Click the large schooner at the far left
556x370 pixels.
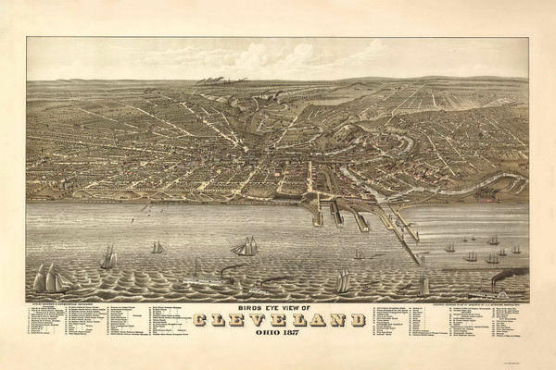(x=52, y=277)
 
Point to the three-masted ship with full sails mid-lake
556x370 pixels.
(x=246, y=246)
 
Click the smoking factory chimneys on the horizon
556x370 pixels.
(x=212, y=80)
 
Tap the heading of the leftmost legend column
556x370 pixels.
(x=56, y=302)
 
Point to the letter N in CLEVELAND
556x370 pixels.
(x=334, y=319)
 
